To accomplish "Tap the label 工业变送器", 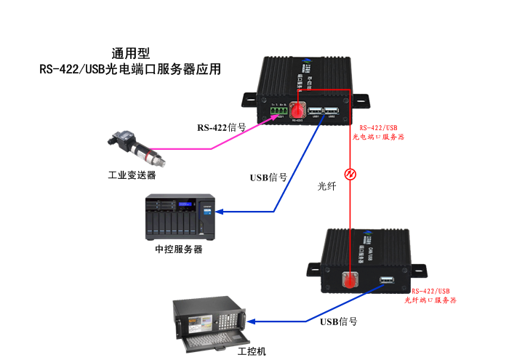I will [132, 175].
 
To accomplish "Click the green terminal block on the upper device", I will [279, 110].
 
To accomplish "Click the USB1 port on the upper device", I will [316, 111].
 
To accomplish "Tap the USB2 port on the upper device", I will [332, 111].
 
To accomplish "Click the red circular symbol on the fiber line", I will [350, 175].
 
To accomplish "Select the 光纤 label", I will [328, 186].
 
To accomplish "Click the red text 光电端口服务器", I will [378, 136].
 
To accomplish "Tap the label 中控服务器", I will [179, 249].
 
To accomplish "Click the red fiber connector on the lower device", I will [350, 279].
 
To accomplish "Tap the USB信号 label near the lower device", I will [339, 321].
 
